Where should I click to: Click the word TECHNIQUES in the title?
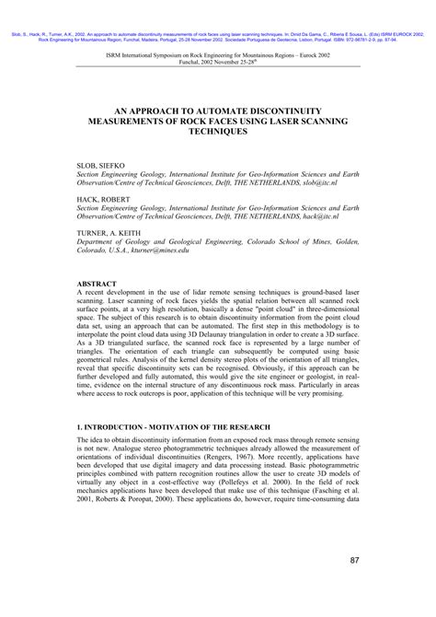(218, 132)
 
